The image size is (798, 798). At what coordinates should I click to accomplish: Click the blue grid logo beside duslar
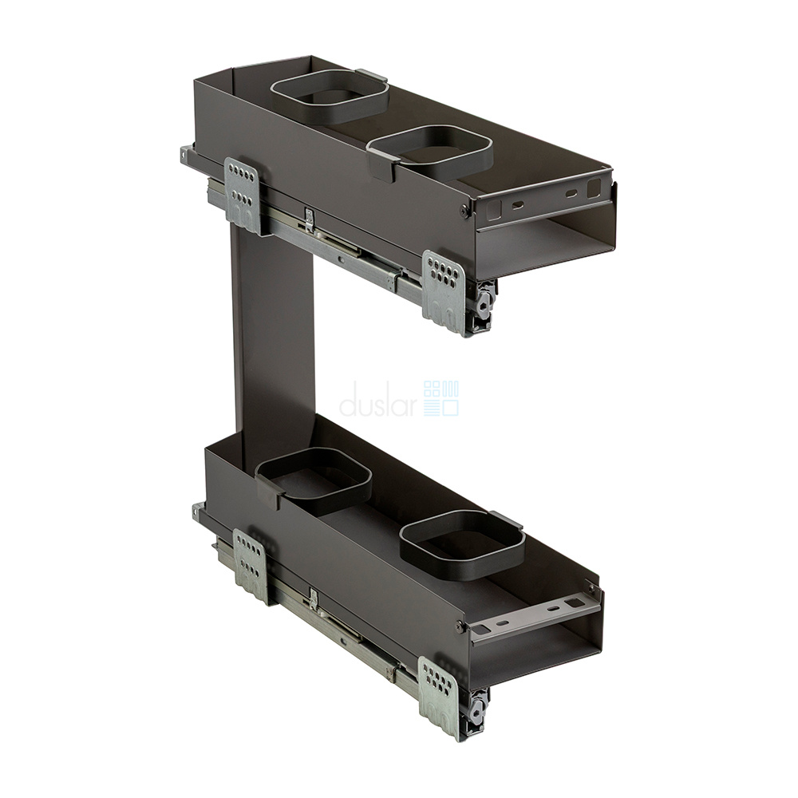[x=441, y=398]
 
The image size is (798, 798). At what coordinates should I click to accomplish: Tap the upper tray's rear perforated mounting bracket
[x=243, y=196]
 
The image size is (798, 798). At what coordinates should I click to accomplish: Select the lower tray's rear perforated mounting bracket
[x=250, y=565]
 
